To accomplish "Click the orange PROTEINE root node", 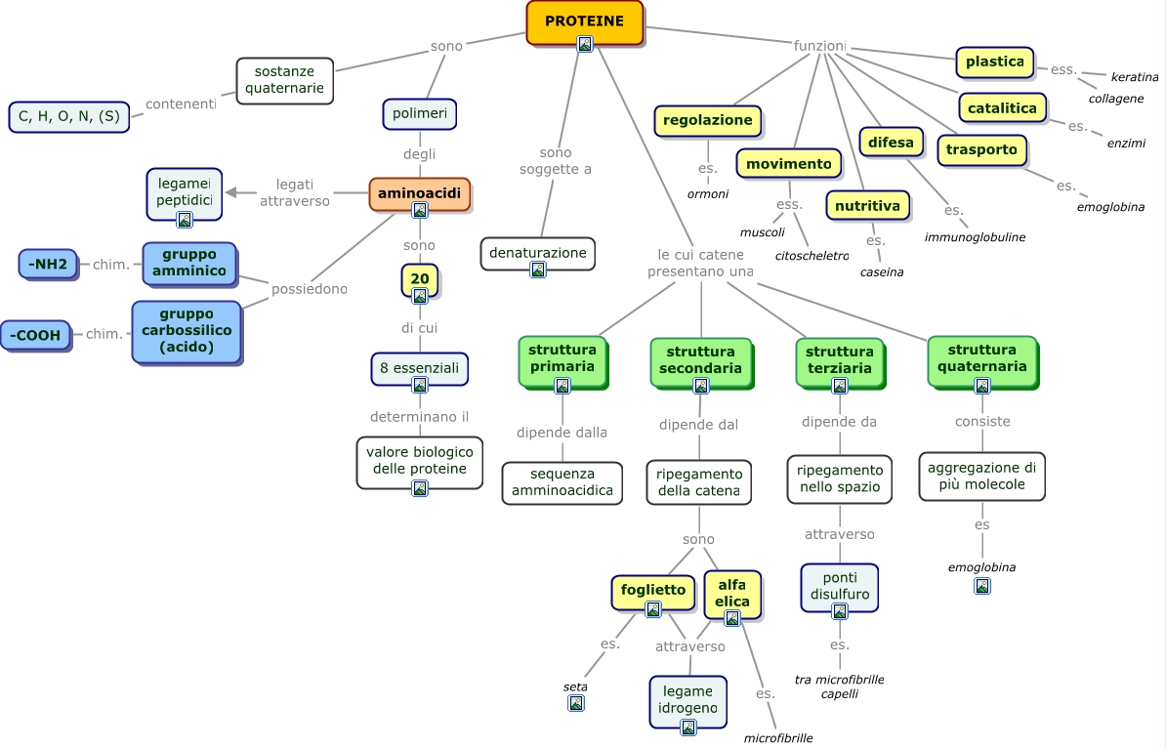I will pos(584,21).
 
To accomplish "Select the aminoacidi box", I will pos(419,194).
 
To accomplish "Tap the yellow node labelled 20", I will pos(419,279).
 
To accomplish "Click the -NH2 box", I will pos(48,264).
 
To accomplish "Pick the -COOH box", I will pos(36,335).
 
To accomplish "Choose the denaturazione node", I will pos(537,253).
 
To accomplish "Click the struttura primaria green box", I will pos(562,358).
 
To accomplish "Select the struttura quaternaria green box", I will pos(981,358).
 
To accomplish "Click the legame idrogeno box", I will pos(687,699).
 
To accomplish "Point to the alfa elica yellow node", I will pos(731,593).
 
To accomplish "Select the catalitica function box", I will pos(1001,107).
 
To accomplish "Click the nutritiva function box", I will pos(866,206).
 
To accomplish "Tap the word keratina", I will pos(1134,77).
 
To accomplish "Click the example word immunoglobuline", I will pos(975,237).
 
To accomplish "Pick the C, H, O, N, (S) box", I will pos(68,116).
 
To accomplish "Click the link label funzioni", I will pos(819,46).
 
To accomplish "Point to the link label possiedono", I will pos(309,289).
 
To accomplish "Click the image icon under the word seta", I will pos(575,703).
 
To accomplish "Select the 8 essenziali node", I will pos(419,369).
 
